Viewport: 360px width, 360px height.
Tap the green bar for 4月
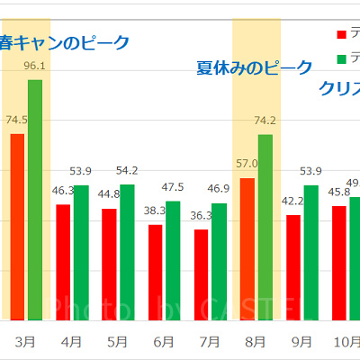81,252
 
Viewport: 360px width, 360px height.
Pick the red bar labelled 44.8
109,264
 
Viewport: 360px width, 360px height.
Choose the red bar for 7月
201,274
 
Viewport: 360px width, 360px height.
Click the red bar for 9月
293,267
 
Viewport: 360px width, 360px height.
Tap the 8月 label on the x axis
256,342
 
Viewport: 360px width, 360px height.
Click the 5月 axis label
117,342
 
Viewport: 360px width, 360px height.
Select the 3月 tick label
26,342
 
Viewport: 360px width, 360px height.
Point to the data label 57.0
247,164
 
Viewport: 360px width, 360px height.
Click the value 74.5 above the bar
17,120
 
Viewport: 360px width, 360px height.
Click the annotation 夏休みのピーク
255,68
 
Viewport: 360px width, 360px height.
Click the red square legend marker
341,34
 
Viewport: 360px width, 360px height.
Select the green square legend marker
341,59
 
